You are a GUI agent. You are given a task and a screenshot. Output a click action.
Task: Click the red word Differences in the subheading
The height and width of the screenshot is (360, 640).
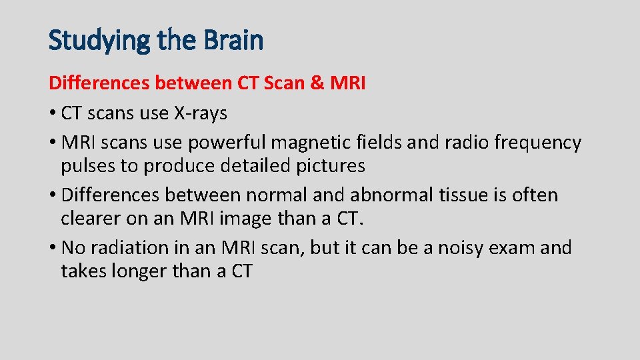coord(99,83)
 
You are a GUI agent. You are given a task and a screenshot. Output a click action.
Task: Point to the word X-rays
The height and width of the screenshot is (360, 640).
coord(201,114)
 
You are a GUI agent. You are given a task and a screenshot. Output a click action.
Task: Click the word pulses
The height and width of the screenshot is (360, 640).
coord(89,165)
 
